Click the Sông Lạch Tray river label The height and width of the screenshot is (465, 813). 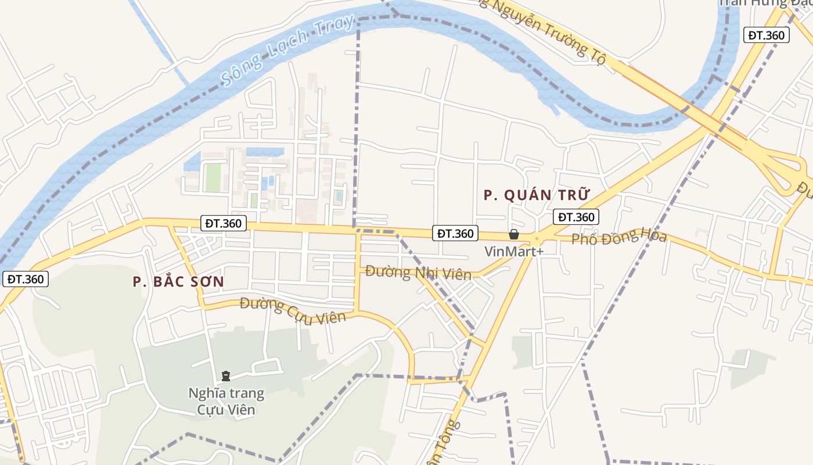pos(288,51)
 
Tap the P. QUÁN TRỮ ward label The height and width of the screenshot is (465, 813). pos(537,195)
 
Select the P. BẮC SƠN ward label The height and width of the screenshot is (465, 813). pos(178,281)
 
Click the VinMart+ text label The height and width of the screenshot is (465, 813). pos(514,252)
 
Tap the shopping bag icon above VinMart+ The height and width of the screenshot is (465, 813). pos(514,234)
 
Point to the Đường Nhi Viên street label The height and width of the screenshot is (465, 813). pos(418,272)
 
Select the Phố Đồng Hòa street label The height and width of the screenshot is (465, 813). pos(619,237)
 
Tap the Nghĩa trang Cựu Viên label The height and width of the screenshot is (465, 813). pos(226,401)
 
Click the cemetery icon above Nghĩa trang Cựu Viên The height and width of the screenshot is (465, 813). pos(226,377)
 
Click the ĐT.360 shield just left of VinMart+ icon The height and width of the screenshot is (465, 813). pos(455,233)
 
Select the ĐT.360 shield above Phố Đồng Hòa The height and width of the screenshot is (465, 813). pos(575,217)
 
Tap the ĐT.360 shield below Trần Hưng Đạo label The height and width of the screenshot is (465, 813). pos(767,35)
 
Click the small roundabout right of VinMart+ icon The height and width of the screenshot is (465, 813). pos(537,238)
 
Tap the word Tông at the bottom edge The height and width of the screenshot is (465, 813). pos(449,433)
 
